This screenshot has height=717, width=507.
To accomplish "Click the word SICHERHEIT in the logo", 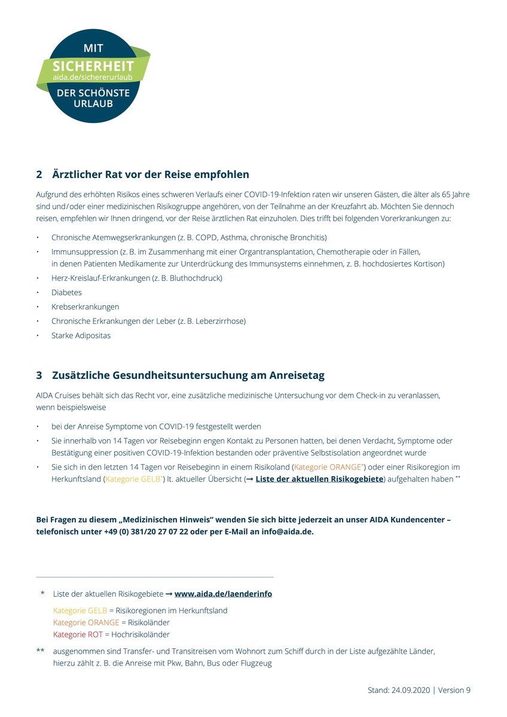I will tap(93, 66).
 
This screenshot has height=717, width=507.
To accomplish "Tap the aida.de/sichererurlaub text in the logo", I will tap(93, 78).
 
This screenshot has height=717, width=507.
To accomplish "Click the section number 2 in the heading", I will tap(39, 174).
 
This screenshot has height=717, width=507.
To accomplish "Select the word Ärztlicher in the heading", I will tap(77, 174).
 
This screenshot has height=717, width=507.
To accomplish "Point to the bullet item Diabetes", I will tap(66, 293).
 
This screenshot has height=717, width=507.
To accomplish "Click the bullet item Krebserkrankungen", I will tap(85, 307).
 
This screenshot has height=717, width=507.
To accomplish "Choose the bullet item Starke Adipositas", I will tap(81, 336).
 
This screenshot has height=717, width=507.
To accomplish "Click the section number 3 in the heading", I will tap(39, 375).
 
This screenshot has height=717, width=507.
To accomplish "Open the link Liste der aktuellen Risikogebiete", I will tap(319, 479).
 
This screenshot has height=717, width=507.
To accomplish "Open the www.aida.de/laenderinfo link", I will tap(223, 595).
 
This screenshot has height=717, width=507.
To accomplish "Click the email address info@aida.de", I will tap(287, 531).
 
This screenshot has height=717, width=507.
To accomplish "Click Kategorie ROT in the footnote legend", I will tap(78, 635).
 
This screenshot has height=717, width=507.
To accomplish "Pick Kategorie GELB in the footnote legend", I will tap(80, 611).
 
